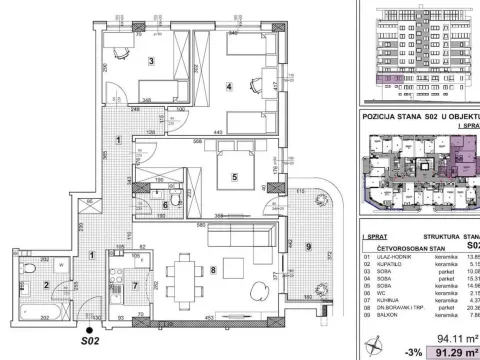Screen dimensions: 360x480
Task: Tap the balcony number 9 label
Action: tap(309, 246)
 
